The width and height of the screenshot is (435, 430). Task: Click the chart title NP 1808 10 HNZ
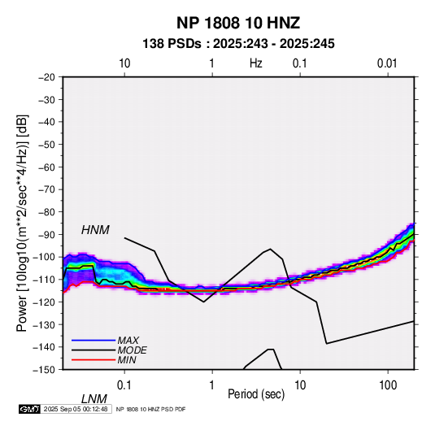[x=238, y=23]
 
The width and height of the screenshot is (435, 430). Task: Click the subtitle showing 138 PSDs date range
[x=238, y=44]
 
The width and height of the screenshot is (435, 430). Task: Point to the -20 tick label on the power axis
[x=46, y=77]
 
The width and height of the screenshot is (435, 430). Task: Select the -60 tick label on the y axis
[x=46, y=167]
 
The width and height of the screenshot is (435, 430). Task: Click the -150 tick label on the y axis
[x=44, y=370]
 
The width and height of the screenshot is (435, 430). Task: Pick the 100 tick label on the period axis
[x=388, y=385]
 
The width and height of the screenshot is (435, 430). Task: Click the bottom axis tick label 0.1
[x=124, y=385]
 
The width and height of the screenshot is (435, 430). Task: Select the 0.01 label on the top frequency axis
[x=387, y=63]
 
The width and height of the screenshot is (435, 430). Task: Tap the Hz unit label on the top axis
[x=256, y=63]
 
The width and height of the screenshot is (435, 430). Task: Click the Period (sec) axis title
[x=256, y=394]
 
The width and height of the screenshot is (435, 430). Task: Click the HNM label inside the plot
[x=95, y=230]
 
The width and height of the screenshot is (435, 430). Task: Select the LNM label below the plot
[x=94, y=399]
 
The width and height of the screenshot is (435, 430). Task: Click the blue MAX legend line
[x=94, y=341]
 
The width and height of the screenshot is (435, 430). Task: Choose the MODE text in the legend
[x=132, y=350]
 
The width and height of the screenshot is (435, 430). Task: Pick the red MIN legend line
[x=94, y=360]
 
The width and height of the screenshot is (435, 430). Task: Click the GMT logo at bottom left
[x=30, y=409]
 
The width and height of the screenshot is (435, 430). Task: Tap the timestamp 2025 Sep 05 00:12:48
[x=76, y=409]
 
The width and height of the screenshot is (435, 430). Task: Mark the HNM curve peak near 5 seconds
[x=271, y=249]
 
